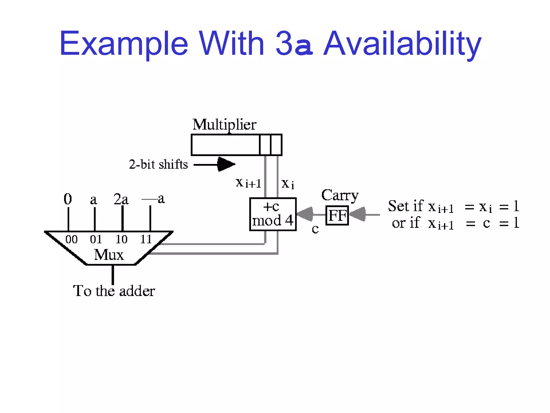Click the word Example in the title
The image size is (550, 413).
[124, 44]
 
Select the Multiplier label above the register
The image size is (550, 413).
[225, 125]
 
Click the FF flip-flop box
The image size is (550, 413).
[337, 215]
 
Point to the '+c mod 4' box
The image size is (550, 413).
[273, 214]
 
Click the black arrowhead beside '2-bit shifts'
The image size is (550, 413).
[226, 164]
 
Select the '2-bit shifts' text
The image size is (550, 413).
[158, 164]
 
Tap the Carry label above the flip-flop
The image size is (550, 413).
[340, 195]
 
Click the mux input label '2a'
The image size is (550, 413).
[121, 199]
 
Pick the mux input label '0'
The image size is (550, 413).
[68, 199]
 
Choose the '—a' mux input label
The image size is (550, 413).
[153, 199]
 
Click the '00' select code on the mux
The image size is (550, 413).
[71, 239]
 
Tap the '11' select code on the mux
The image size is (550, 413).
[146, 239]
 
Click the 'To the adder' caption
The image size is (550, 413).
[114, 291]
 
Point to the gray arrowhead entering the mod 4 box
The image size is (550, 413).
[305, 214]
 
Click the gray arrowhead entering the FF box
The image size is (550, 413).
[358, 214]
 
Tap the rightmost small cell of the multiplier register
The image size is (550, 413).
[276, 145]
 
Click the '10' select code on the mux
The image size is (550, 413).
[121, 239]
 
